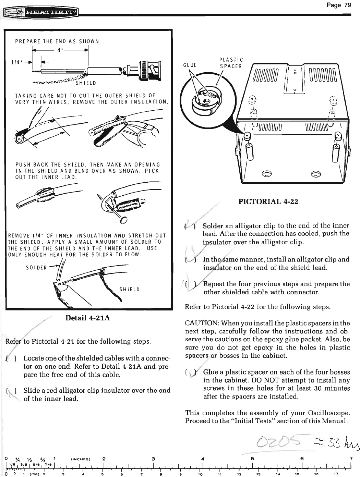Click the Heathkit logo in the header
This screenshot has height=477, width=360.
pos(41,14)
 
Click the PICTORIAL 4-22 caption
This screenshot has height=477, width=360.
pos(268,201)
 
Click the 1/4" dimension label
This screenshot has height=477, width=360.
pos(17,62)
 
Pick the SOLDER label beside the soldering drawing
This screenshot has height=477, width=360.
pos(36,268)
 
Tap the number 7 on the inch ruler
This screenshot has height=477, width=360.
pos(351,458)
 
